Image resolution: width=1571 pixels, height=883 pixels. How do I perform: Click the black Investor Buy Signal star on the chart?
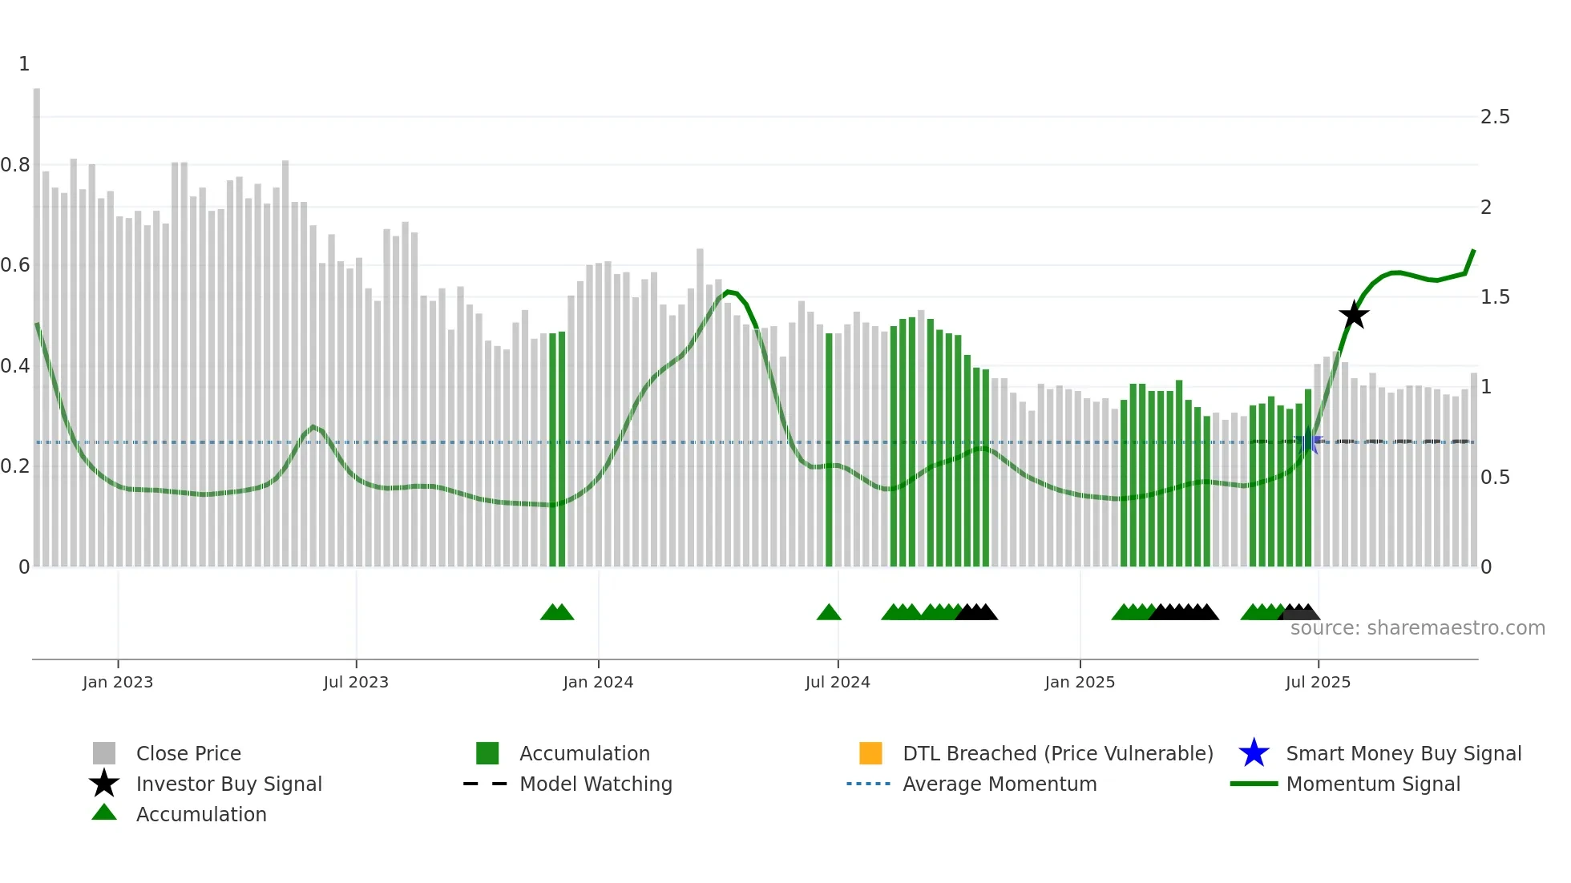[x=1354, y=315]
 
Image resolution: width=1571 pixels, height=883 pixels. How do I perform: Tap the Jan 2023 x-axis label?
[x=118, y=682]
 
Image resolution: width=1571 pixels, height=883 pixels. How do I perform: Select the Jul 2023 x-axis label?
[x=356, y=682]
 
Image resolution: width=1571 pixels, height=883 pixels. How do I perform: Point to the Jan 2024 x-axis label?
[x=598, y=682]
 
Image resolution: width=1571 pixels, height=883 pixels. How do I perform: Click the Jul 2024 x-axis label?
[x=838, y=682]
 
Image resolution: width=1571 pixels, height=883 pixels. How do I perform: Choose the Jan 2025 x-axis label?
[x=1080, y=682]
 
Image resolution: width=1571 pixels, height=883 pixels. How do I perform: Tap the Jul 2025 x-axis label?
[x=1318, y=682]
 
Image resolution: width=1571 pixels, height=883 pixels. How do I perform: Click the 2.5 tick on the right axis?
[x=1495, y=117]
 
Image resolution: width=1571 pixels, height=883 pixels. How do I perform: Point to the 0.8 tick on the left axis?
[x=15, y=165]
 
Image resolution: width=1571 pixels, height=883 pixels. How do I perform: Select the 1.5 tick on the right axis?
[x=1495, y=297]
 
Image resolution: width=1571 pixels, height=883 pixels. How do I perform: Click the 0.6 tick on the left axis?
[x=15, y=265]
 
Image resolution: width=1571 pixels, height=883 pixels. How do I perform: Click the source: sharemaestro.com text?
[x=1417, y=628]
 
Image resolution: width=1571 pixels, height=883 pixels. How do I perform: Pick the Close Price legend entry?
[x=188, y=753]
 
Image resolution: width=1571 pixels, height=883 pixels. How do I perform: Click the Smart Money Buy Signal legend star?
[x=1254, y=753]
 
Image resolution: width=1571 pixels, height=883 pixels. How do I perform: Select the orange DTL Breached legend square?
[x=870, y=753]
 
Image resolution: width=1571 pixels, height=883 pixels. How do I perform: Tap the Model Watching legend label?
[x=596, y=784]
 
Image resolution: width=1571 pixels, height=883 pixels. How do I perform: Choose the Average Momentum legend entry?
[x=1000, y=784]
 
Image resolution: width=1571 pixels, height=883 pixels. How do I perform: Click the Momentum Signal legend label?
[x=1373, y=784]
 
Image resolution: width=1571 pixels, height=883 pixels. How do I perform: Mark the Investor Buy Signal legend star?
[x=104, y=784]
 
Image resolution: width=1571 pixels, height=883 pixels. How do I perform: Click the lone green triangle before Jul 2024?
[x=829, y=613]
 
